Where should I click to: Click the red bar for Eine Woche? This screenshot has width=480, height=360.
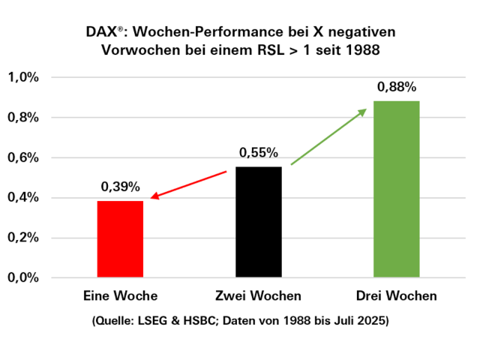tap(120, 239)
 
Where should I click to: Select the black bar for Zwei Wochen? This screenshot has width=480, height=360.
tap(259, 222)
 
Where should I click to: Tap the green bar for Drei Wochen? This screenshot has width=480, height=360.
tap(397, 189)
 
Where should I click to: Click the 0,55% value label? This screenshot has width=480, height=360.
tap(259, 153)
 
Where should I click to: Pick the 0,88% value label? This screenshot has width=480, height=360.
tap(397, 87)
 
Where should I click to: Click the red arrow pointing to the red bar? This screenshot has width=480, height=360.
tap(189, 184)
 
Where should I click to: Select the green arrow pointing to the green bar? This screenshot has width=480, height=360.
tap(328, 136)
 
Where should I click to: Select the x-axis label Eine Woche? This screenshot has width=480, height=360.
tap(120, 296)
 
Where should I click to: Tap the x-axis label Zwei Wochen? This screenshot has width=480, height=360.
tap(258, 296)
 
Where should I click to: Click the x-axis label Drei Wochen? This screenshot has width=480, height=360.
tap(397, 296)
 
